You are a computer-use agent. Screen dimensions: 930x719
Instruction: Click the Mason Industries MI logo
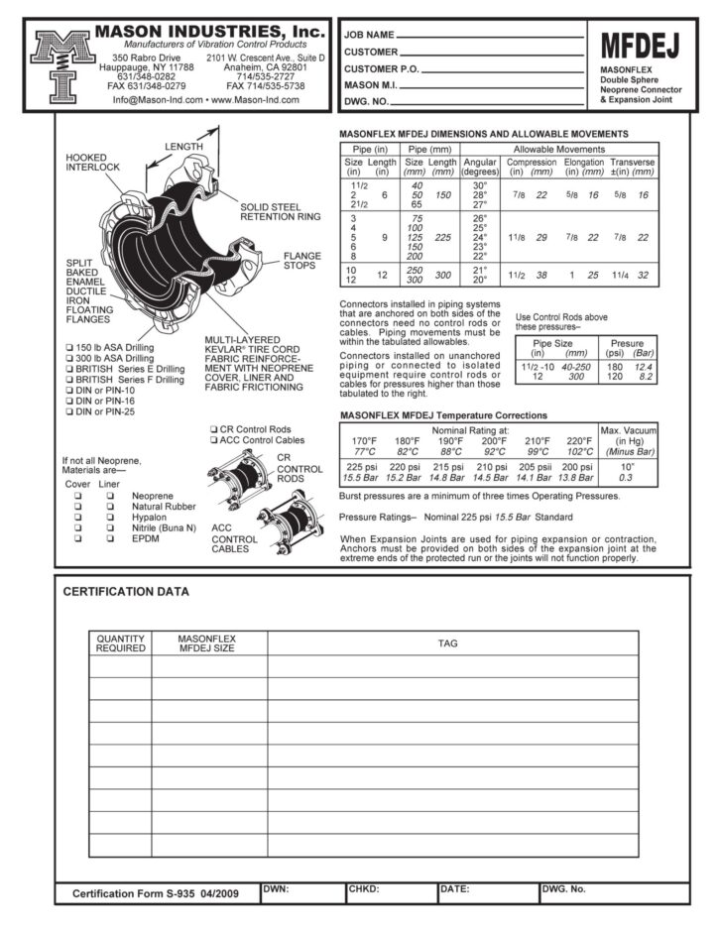click(62, 66)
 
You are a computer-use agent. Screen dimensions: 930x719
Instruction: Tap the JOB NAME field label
click(369, 35)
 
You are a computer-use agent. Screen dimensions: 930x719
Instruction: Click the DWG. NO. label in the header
click(366, 102)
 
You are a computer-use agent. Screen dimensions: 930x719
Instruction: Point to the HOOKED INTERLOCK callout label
click(92, 163)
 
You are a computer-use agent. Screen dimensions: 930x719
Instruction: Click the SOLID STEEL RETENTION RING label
click(281, 211)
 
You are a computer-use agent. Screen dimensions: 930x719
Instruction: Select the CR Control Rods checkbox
click(213, 428)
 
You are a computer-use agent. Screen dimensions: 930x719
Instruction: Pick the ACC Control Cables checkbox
click(213, 439)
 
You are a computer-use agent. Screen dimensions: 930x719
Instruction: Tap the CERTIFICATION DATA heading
click(125, 592)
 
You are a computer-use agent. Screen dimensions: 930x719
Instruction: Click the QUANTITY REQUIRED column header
click(120, 643)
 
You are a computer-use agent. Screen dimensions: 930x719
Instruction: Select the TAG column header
click(448, 643)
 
